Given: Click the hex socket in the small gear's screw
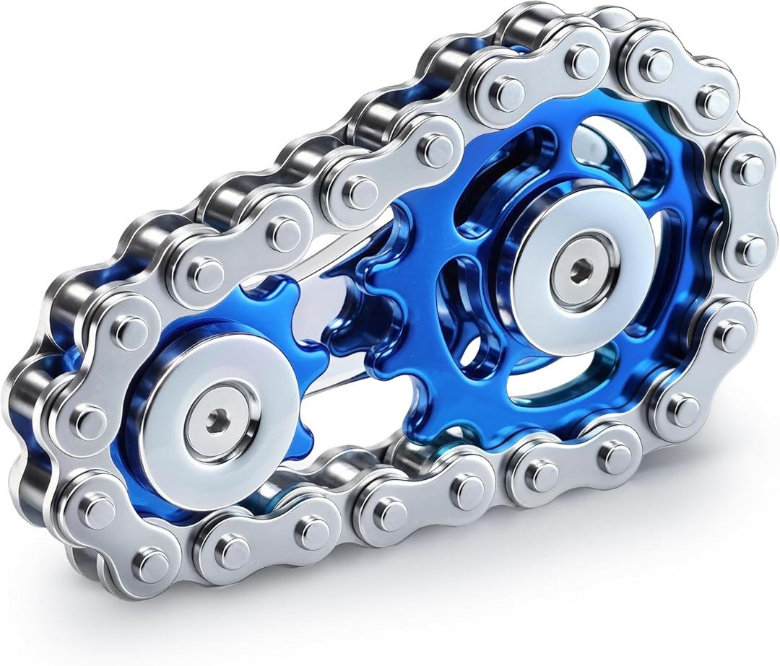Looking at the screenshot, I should point(216,421).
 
